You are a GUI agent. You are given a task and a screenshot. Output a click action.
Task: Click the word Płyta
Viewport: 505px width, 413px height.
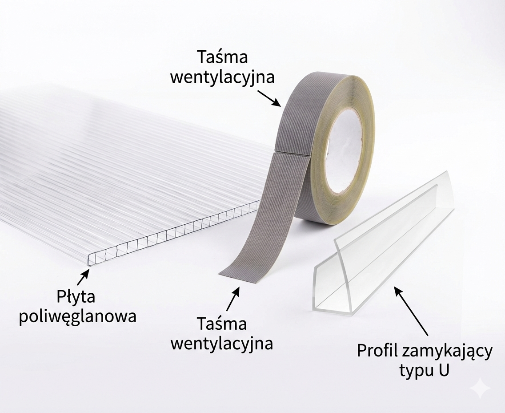click(76, 296)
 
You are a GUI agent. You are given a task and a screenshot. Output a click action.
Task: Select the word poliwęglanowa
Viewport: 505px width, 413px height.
click(78, 316)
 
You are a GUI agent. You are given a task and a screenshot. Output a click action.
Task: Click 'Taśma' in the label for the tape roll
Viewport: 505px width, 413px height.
click(223, 57)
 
